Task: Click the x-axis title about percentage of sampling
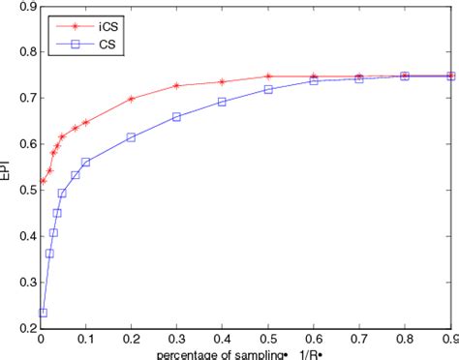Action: click(247, 354)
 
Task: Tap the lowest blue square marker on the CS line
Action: click(43, 313)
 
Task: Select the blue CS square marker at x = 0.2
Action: click(131, 137)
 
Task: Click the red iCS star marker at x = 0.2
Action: click(131, 99)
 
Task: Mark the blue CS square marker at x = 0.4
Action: click(222, 102)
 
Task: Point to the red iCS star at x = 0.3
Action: click(176, 86)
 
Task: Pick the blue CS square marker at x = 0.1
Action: click(85, 162)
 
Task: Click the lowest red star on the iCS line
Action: click(43, 181)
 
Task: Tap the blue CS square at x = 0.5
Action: click(268, 89)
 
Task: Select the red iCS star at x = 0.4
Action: click(222, 82)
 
